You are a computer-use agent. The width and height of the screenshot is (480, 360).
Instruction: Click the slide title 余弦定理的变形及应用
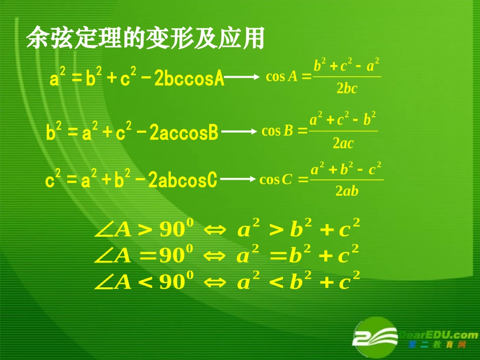point(146,38)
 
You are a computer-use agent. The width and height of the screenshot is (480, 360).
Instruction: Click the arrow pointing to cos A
point(242,77)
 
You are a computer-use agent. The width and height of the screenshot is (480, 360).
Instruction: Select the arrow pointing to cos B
point(239,132)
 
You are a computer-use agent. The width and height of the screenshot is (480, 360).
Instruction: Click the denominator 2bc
point(347,89)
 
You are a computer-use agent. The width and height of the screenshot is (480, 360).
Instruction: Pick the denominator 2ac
point(344,143)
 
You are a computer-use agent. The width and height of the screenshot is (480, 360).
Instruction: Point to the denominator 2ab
point(347,191)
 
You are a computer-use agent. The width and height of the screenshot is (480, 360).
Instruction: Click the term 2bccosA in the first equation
point(188,79)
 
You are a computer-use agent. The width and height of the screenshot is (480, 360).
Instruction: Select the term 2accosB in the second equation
point(184,133)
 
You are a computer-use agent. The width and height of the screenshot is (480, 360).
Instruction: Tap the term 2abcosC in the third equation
point(182,180)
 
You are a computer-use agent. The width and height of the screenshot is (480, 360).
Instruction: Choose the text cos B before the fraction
point(277,131)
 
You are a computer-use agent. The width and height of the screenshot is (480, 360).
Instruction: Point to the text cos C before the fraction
point(275,179)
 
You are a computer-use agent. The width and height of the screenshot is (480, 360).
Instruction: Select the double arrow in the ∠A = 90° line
point(215,256)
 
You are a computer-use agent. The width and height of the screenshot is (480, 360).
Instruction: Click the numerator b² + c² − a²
point(347,66)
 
